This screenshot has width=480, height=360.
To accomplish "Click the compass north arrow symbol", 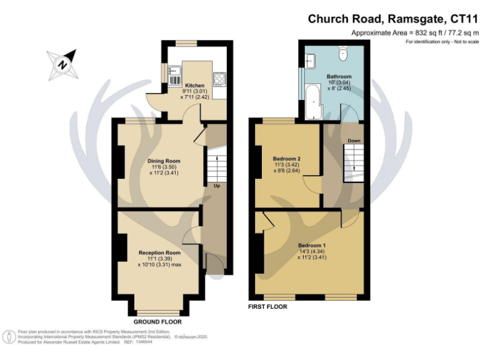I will tap(64, 64).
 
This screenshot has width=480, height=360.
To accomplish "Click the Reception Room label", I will tap(159, 252).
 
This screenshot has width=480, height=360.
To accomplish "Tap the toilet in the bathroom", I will tap(342, 52).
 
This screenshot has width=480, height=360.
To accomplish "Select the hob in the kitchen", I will tap(220, 79).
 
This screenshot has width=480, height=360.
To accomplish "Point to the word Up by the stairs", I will tap(216, 186).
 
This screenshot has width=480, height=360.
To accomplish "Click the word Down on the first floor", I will tap(354, 141).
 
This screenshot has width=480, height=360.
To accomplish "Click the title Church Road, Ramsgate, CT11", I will tap(392, 19).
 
